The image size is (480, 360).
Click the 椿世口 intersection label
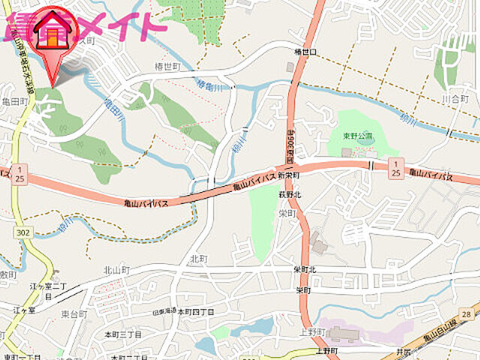click(304, 52)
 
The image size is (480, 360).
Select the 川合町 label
click(454, 99)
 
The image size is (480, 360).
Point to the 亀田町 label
click(14, 100)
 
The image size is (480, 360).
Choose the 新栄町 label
click(288, 175)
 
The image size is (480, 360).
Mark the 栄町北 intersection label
click(305, 269)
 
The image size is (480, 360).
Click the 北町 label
click(199, 258)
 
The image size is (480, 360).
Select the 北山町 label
click(116, 270)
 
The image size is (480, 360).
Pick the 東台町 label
click(74, 313)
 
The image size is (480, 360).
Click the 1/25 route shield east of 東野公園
click(395, 168)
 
